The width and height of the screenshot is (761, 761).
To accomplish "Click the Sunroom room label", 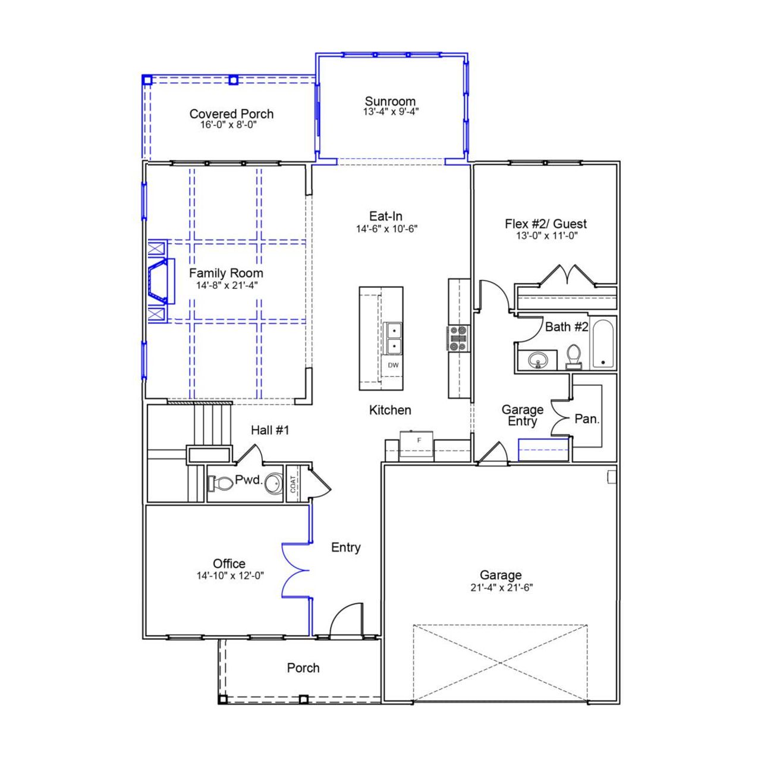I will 390,101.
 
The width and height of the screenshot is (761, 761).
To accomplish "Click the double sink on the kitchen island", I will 393,338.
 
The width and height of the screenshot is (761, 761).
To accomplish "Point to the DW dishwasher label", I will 393,365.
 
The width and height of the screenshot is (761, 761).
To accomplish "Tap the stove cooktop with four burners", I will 458,338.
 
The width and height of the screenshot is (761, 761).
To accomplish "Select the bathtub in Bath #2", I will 603,344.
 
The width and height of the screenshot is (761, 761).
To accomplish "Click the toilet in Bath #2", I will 574,356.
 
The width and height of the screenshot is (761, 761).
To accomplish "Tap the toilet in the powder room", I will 220,483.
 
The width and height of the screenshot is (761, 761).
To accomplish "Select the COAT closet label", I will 293,484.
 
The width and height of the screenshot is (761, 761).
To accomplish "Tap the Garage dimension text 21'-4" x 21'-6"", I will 501,587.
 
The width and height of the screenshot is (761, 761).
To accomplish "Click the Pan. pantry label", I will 587,419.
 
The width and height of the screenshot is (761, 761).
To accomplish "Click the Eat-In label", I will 386,216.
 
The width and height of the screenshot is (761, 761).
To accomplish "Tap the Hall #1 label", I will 269,430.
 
